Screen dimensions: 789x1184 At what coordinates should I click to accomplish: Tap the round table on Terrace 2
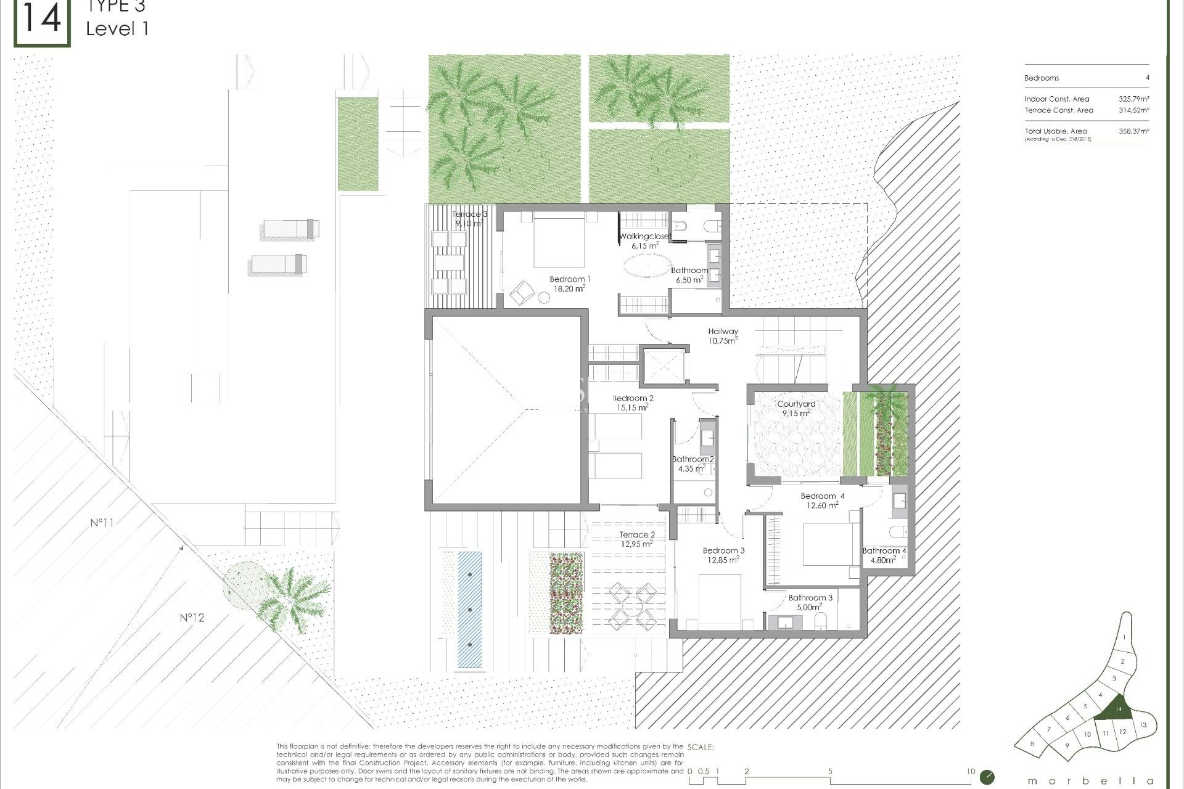point(633,607)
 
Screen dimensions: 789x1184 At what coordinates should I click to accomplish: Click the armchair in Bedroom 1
point(522,292)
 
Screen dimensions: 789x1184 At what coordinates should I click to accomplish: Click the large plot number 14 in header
point(42,20)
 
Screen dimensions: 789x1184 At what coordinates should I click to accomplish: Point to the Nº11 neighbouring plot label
point(102,523)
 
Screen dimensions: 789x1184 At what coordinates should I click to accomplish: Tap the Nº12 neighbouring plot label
point(192,617)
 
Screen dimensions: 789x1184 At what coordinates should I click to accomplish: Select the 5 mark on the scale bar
point(830,771)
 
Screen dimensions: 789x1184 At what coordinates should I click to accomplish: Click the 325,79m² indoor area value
point(1133,99)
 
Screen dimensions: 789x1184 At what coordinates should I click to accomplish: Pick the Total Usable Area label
point(1056,131)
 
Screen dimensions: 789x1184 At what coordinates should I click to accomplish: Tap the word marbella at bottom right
point(1090,780)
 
